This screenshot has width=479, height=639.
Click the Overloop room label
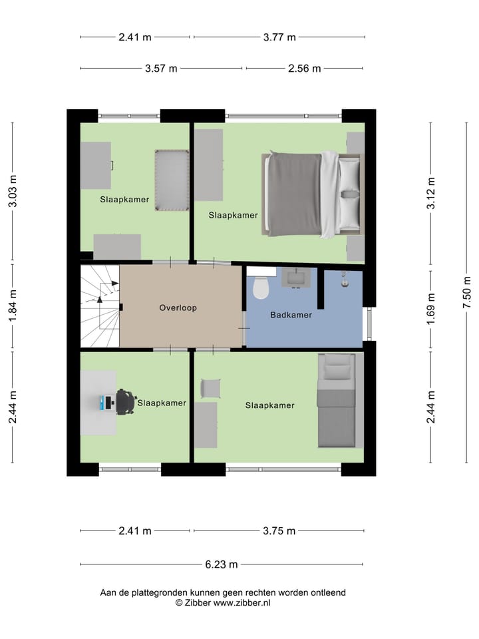click(x=178, y=308)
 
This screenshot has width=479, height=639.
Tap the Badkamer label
click(x=291, y=315)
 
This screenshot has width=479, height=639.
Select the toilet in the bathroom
click(x=261, y=286)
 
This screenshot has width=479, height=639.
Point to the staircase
click(x=99, y=306)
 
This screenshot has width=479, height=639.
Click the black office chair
click(x=124, y=402)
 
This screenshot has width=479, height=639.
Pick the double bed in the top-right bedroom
click(x=313, y=194)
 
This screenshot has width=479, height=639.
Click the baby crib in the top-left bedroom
click(x=172, y=180)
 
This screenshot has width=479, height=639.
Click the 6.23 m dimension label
click(x=222, y=564)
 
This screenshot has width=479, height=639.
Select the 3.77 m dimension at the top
click(x=279, y=37)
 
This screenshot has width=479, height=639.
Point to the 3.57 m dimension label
click(x=162, y=69)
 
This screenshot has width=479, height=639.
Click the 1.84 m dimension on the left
click(x=13, y=306)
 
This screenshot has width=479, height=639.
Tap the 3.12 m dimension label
click(x=432, y=193)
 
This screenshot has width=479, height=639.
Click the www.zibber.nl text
click(x=237, y=602)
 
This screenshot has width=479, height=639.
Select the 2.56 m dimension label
click(x=305, y=69)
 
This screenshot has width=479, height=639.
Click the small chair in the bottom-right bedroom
click(x=210, y=387)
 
